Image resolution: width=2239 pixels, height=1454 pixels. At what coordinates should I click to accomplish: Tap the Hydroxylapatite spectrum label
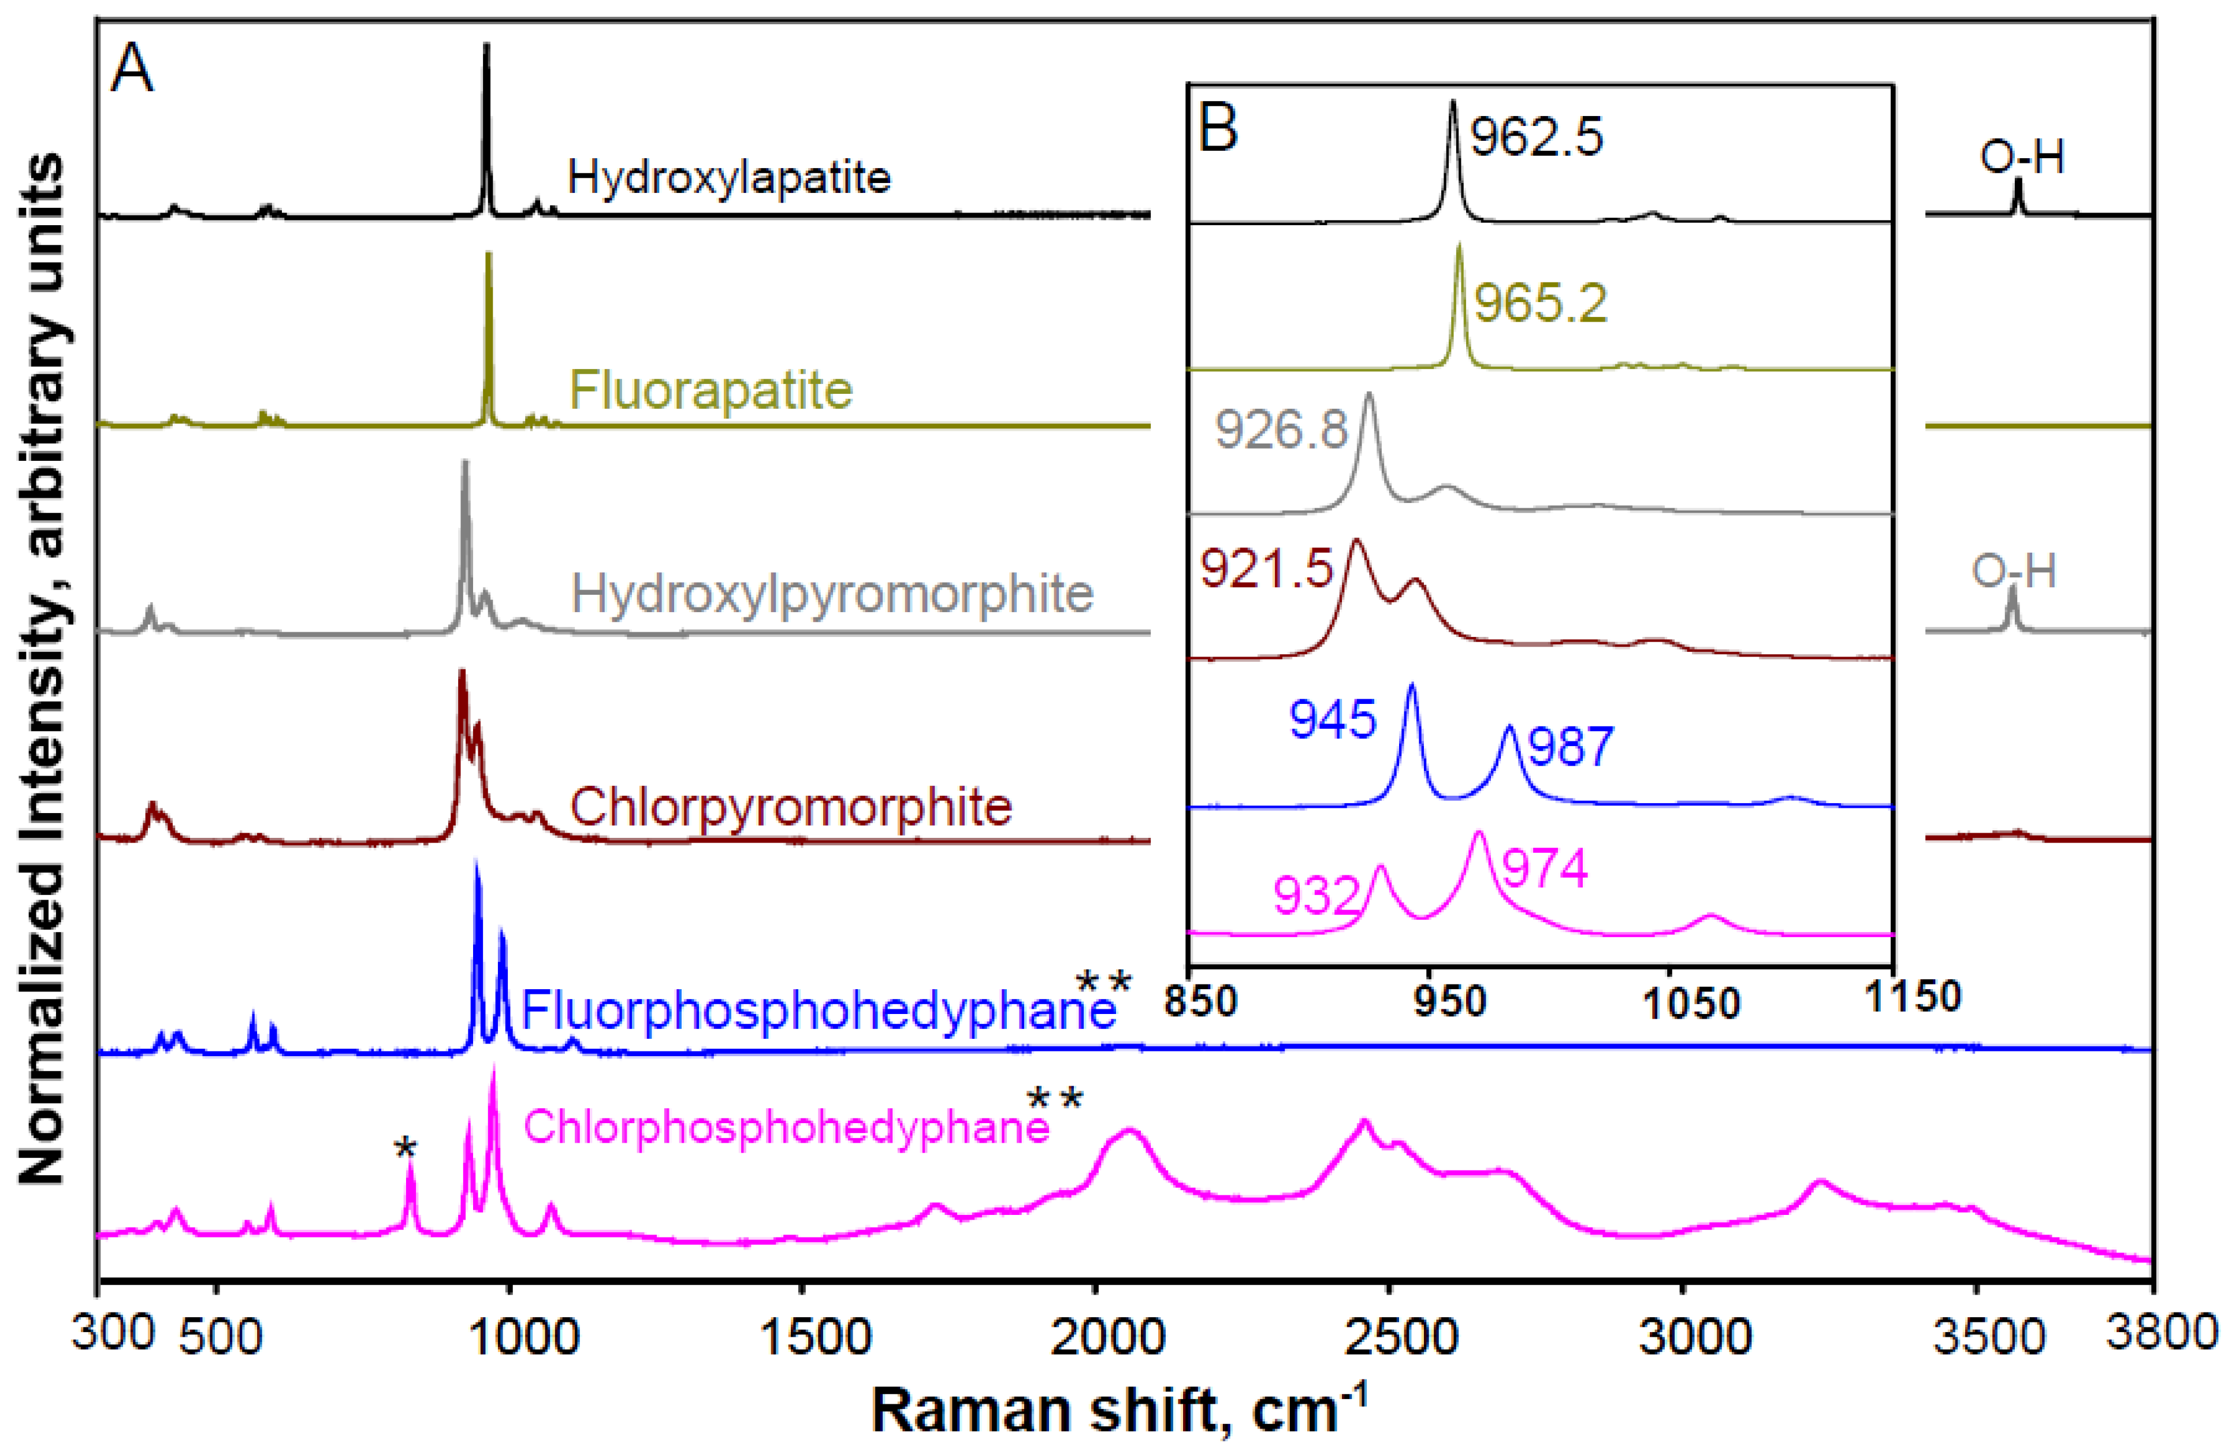point(729,177)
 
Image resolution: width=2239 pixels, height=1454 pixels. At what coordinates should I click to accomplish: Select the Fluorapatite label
point(711,389)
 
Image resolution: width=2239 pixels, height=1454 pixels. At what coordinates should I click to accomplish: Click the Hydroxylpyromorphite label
point(832,594)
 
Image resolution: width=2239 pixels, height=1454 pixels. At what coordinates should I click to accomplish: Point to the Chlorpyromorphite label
point(790,807)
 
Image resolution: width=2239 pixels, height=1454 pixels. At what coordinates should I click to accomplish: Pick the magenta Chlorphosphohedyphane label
point(786,1127)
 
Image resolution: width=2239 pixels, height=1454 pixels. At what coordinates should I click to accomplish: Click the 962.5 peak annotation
point(1536,137)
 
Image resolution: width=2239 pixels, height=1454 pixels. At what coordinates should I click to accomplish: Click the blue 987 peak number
point(1571,747)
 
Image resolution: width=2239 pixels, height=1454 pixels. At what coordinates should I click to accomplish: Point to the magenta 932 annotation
point(1316,896)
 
